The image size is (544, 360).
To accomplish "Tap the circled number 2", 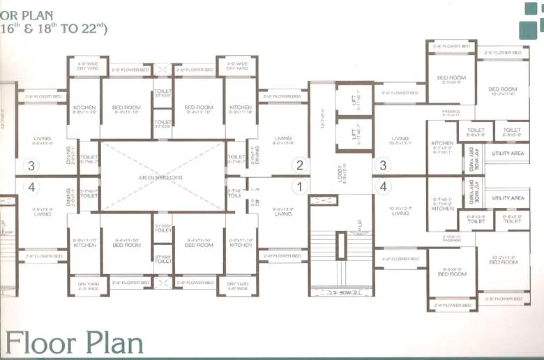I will coord(300,165).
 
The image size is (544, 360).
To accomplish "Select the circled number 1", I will coord(300,187).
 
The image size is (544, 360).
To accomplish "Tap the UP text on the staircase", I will coord(359,225).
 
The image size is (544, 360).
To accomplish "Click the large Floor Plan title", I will coord(75,343).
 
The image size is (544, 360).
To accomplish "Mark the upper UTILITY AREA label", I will coord(508,153).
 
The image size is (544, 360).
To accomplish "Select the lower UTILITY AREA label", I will coord(508,198).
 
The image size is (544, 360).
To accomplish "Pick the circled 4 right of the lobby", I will coord(382,187).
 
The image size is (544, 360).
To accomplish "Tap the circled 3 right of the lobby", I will coord(382,165).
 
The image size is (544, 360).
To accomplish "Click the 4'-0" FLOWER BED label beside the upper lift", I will coord(400,93).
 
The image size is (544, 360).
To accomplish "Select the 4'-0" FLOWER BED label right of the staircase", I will coord(400,259).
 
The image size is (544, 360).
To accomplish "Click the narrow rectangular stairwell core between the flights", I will coord(341,246).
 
